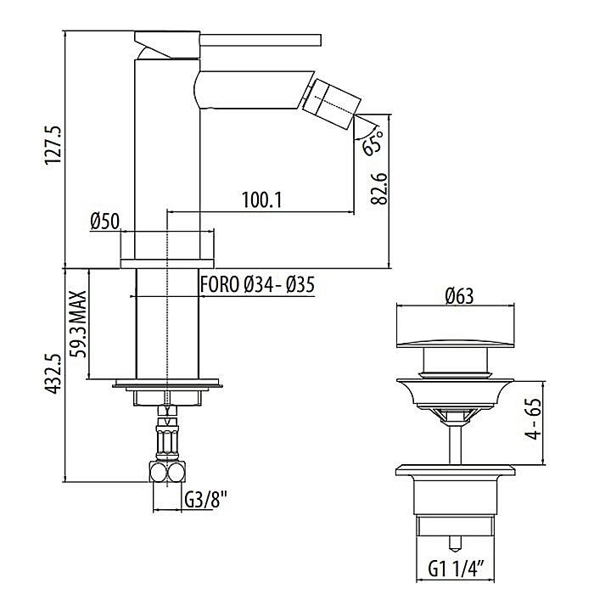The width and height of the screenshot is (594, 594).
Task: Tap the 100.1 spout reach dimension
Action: click(x=262, y=200)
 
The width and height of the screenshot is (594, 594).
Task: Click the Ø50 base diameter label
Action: click(x=104, y=222)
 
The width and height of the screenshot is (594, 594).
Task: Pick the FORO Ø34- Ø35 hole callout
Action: click(x=257, y=285)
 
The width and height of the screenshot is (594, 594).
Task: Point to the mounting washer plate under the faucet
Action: click(x=168, y=384)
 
